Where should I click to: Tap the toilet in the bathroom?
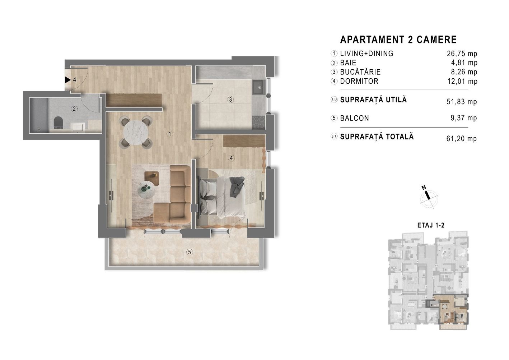[59, 123]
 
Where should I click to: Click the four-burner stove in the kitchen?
[259, 123]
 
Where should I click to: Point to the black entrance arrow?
[67, 80]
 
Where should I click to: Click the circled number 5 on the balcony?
[189, 252]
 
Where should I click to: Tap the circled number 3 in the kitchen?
[230, 100]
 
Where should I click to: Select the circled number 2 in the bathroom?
[74, 109]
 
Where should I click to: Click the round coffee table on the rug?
[147, 190]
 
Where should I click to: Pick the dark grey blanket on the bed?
[237, 186]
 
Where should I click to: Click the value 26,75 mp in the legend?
[462, 54]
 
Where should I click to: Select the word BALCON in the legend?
[355, 118]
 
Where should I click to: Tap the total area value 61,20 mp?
[462, 138]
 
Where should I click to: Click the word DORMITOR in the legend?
[359, 81]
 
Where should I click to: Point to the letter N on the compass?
[424, 188]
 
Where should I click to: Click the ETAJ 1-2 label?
[431, 225]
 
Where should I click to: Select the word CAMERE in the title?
[436, 40]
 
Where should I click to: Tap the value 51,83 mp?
[462, 102]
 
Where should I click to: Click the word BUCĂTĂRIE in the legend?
[360, 72]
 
